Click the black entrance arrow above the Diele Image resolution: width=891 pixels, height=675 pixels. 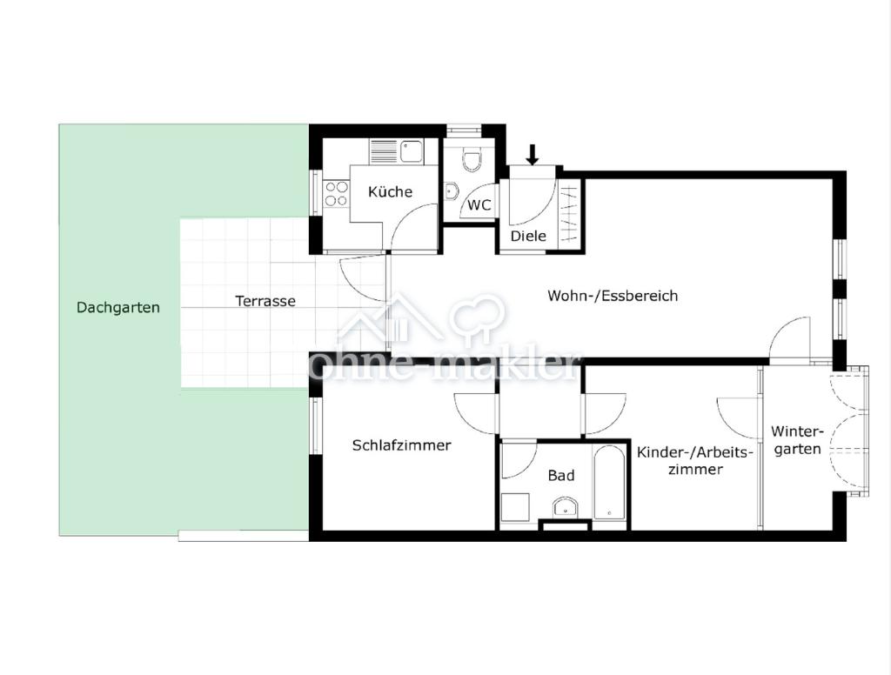point(533,155)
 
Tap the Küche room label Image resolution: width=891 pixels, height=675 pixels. point(391,191)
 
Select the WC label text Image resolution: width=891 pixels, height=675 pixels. point(479,205)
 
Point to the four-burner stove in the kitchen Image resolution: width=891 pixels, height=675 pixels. point(336,193)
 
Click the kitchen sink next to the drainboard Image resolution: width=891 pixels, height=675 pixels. point(412,151)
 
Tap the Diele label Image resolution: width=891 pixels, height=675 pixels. point(528,236)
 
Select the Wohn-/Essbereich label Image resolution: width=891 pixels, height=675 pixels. point(613,296)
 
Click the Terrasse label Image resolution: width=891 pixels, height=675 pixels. point(265,301)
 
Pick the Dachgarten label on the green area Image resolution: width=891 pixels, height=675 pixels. point(118,308)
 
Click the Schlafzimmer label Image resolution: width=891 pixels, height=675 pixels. point(402,445)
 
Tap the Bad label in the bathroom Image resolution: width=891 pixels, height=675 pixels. point(561,476)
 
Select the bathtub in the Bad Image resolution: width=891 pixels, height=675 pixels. point(610,483)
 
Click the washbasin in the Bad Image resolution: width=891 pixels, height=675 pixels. point(565,507)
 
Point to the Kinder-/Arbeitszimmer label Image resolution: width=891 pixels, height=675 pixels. point(695,461)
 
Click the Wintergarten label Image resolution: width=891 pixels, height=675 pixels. point(797,440)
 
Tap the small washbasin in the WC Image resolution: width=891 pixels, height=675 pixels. point(451,190)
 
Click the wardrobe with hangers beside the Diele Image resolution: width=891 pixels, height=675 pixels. point(569,214)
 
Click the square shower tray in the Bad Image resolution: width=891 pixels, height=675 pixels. point(516,507)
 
